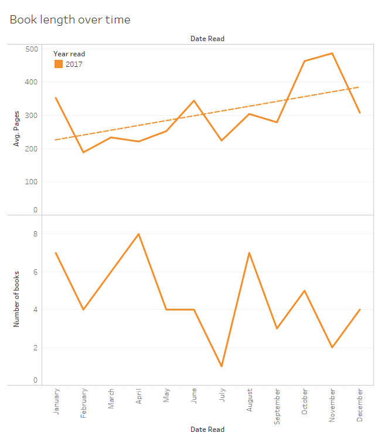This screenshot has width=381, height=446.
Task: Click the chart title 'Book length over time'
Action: click(x=70, y=20)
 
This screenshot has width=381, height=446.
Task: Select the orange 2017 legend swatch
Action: click(x=58, y=65)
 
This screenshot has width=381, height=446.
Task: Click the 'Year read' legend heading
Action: click(x=69, y=54)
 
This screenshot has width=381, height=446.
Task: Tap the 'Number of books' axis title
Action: click(x=16, y=299)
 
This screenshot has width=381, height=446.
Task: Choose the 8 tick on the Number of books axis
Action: click(x=35, y=234)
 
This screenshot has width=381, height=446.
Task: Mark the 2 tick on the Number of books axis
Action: click(x=35, y=347)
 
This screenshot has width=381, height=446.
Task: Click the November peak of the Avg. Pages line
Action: click(x=332, y=53)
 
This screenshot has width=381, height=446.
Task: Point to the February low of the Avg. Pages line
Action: click(x=84, y=153)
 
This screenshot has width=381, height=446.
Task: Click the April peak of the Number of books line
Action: click(x=139, y=234)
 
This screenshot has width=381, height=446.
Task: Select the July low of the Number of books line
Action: click(x=222, y=366)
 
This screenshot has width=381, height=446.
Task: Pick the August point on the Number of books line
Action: click(x=250, y=253)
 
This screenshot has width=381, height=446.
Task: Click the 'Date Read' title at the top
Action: click(x=207, y=39)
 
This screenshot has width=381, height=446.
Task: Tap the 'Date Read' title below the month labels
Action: click(x=207, y=430)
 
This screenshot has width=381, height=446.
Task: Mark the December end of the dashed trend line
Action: click(x=359, y=87)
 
